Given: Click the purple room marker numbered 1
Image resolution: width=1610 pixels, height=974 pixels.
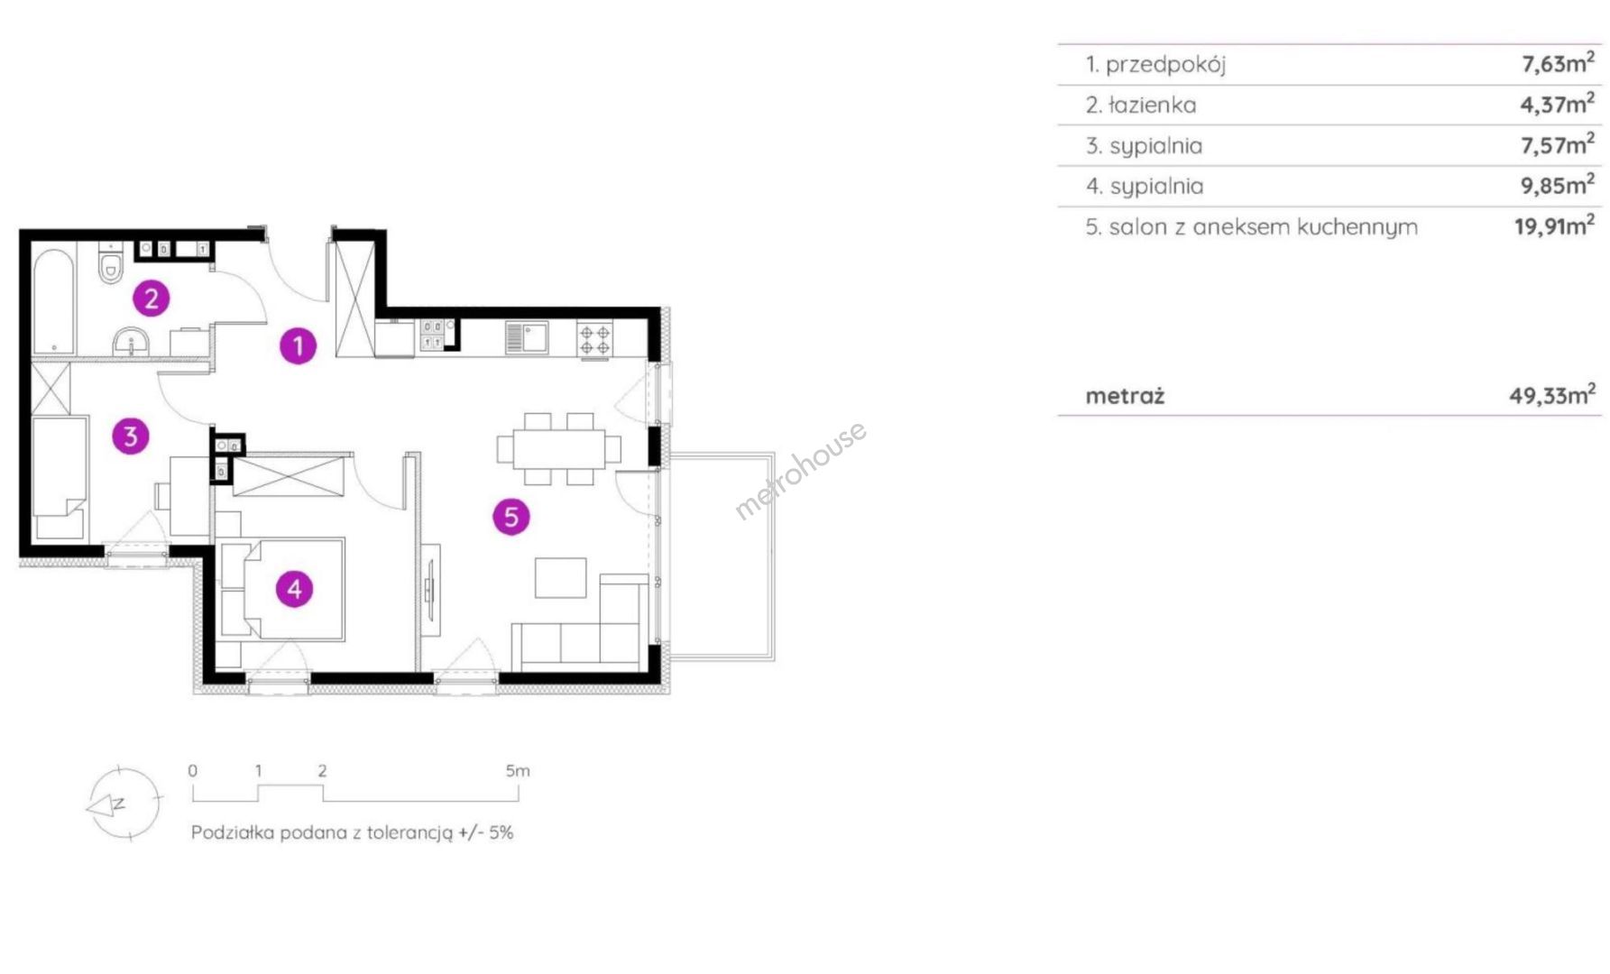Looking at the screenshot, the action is pos(298,345).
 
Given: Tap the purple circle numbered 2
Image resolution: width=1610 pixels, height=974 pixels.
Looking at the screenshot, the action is pos(152,298).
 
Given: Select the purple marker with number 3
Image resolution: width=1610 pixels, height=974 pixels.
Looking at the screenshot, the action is pos(131,436).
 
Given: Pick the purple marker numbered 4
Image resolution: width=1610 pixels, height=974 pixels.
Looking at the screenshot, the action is pos(294,589).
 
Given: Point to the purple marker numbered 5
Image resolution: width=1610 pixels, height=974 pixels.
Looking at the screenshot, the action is pos(511,517).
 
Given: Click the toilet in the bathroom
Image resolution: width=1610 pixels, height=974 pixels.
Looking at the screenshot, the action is pos(111,263).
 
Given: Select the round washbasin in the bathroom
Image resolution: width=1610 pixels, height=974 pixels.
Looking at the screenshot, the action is pos(132,341).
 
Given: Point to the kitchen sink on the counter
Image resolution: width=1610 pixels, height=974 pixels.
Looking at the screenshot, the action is pos(527,337).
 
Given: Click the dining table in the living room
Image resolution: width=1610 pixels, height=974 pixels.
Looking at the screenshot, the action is pos(559,448).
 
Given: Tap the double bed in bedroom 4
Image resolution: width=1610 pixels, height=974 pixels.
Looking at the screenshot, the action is pos(282,589).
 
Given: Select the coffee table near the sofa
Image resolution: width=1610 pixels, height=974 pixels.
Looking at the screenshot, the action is pos(560,577).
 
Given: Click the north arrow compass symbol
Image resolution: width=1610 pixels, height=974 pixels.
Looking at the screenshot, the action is pos(124,804).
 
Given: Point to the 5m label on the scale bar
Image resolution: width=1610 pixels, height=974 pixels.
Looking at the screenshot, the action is pos(518,770).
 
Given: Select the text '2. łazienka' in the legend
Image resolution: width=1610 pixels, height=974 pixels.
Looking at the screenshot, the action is pos(1141,105).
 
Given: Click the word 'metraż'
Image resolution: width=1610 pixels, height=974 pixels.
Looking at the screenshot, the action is pos(1125,395).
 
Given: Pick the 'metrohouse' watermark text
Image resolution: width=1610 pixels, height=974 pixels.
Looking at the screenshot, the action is pos(800,471).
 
